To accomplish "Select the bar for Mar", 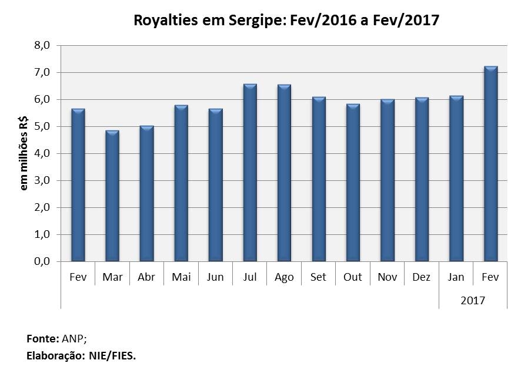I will (x=112, y=196).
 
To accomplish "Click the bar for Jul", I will (x=250, y=173).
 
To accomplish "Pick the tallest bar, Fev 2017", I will (x=490, y=164).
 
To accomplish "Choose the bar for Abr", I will (x=146, y=193).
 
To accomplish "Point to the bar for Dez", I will (x=422, y=179).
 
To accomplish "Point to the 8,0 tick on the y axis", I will (x=45, y=45).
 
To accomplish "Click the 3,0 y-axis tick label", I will (x=45, y=180).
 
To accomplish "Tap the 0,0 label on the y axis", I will (x=45, y=261).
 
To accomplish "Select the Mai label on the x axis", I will (x=181, y=277).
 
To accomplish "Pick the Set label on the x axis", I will (x=318, y=277).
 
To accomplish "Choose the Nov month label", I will (x=387, y=277).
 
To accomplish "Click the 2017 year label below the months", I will (x=473, y=300).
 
